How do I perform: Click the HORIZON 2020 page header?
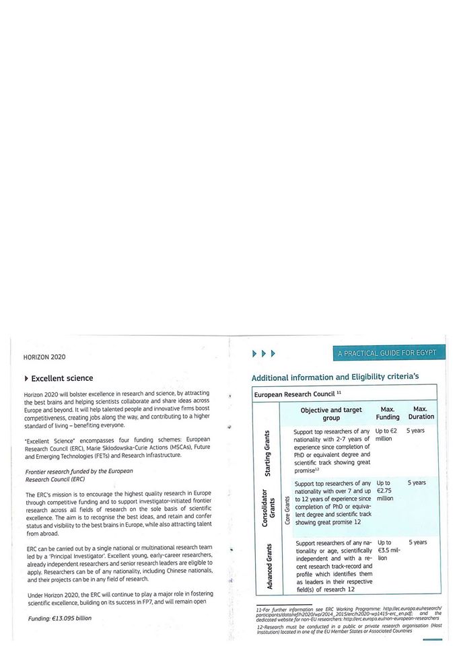(44, 356)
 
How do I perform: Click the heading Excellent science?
(62, 378)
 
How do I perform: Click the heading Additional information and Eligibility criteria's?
(335, 377)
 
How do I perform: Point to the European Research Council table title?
(297, 393)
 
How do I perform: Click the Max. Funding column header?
(387, 412)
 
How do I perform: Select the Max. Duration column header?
(421, 412)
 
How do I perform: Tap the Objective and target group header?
(331, 413)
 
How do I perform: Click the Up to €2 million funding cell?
(386, 435)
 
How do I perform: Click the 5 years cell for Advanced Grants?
(418, 542)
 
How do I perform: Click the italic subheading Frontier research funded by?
(70, 476)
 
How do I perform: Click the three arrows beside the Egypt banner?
(263, 353)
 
